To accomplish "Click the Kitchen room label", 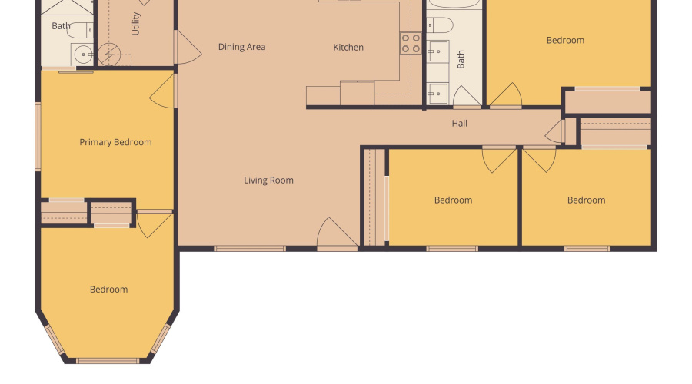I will (x=348, y=48).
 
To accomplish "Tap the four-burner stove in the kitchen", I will (x=411, y=43).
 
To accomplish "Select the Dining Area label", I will (x=241, y=47).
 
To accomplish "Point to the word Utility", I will (x=136, y=24).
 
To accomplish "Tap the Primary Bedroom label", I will (x=115, y=142).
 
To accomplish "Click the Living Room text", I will (x=269, y=180).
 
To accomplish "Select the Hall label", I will (x=460, y=123).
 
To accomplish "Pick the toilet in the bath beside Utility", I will (x=79, y=30).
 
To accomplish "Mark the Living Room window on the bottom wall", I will (x=250, y=248).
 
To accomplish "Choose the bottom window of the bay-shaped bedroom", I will (x=108, y=360).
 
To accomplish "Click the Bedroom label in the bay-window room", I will (x=108, y=290).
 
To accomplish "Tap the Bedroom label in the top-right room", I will (x=565, y=40).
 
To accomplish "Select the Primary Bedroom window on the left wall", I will (x=38, y=137).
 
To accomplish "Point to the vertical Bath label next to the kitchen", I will (x=461, y=60).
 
